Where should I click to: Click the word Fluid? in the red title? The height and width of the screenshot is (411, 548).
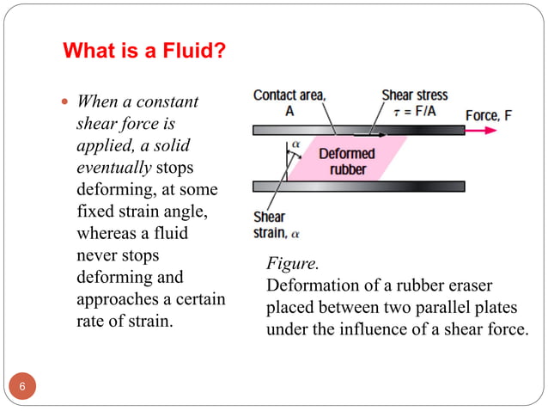pyautogui.click(x=194, y=51)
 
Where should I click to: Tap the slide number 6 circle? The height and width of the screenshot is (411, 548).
pyautogui.click(x=22, y=386)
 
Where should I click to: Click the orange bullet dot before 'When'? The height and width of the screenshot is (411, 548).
pyautogui.click(x=64, y=101)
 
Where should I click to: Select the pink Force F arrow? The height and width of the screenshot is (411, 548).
pyautogui.click(x=480, y=131)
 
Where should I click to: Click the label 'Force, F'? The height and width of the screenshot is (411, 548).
pyautogui.click(x=489, y=115)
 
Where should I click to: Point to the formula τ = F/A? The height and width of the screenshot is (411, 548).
pyautogui.click(x=415, y=112)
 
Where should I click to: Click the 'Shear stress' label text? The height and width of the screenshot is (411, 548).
pyautogui.click(x=415, y=95)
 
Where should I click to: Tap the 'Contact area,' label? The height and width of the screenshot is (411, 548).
pyautogui.click(x=289, y=95)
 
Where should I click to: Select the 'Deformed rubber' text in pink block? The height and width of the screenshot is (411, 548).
pyautogui.click(x=347, y=162)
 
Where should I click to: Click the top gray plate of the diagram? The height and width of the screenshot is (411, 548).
pyautogui.click(x=359, y=130)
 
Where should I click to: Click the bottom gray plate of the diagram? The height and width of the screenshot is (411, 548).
pyautogui.click(x=359, y=187)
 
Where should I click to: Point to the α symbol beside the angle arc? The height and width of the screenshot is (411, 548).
pyautogui.click(x=295, y=144)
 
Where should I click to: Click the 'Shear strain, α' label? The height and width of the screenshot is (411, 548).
pyautogui.click(x=277, y=225)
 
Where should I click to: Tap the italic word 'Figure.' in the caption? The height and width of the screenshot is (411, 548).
pyautogui.click(x=293, y=263)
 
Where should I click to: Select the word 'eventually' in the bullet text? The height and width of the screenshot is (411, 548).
pyautogui.click(x=114, y=168)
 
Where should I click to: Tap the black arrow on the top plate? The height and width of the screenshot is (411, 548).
pyautogui.click(x=369, y=135)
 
